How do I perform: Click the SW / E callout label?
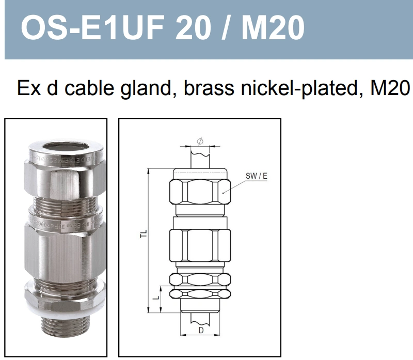coord(256,176)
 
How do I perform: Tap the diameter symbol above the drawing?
coord(200,141)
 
